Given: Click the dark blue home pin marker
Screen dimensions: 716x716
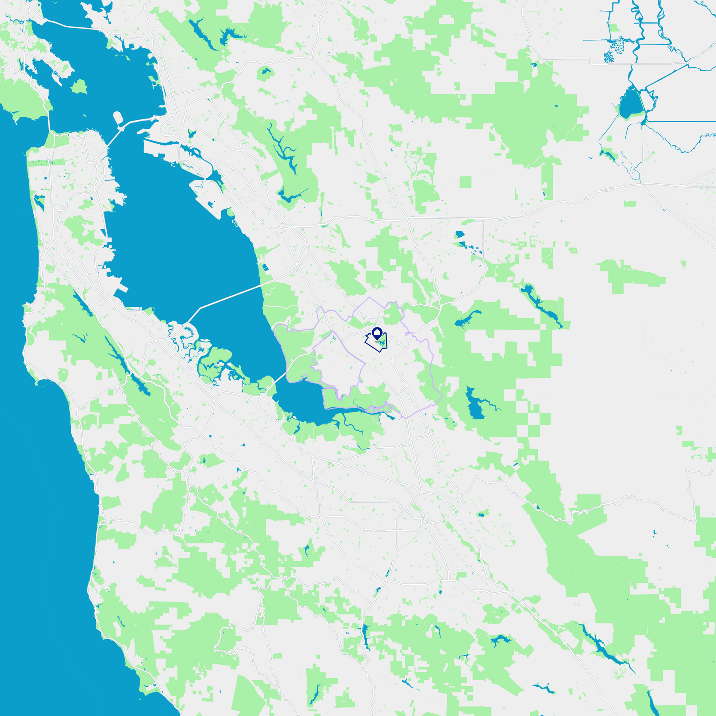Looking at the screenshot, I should (x=377, y=333).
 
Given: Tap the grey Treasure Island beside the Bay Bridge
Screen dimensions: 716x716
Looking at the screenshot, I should (x=118, y=118).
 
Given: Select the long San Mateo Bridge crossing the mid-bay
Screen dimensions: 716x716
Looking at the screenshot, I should (x=231, y=296).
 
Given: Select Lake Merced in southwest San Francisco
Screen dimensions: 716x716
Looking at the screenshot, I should (x=39, y=201).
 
